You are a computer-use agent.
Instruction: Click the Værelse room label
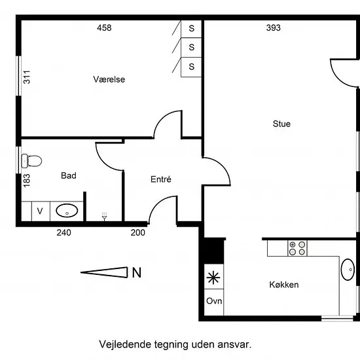click(x=109, y=79)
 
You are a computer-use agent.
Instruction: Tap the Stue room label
click(x=281, y=124)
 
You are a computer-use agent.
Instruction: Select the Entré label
click(x=161, y=179)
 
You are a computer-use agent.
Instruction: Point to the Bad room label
click(x=69, y=175)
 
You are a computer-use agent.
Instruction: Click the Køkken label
click(x=284, y=285)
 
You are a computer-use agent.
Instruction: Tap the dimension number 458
click(x=104, y=27)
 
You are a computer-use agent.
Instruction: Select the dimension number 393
click(x=273, y=27)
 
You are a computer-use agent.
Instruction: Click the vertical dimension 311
click(x=27, y=77)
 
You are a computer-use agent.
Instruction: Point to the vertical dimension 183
click(x=27, y=181)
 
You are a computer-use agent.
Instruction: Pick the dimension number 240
click(x=64, y=233)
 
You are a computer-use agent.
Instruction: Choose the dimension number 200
click(x=137, y=233)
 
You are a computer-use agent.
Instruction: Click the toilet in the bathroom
click(x=31, y=161)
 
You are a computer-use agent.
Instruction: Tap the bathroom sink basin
click(x=67, y=211)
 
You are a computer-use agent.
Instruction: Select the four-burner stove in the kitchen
click(x=297, y=248)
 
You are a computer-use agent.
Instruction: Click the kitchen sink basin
click(x=348, y=270)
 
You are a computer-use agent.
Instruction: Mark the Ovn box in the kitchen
click(x=214, y=302)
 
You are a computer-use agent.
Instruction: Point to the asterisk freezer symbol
click(x=213, y=278)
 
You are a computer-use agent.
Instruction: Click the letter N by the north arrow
click(x=137, y=273)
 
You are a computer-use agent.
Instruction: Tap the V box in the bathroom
click(x=40, y=211)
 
